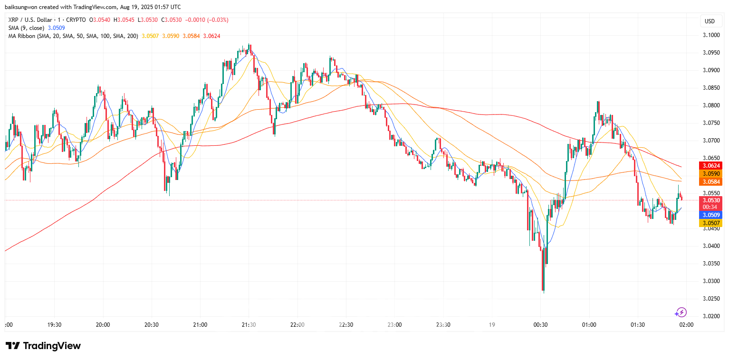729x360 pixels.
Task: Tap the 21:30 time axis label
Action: tap(249, 325)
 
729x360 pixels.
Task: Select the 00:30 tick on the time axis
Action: tap(541, 325)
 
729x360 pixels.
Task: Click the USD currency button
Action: tap(710, 21)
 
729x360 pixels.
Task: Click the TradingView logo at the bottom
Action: tap(43, 346)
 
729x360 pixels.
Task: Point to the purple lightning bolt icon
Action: tap(681, 312)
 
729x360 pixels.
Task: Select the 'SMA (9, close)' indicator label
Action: tap(26, 28)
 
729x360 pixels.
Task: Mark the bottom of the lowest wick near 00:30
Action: tap(544, 293)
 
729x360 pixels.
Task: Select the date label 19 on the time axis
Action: tap(491, 325)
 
